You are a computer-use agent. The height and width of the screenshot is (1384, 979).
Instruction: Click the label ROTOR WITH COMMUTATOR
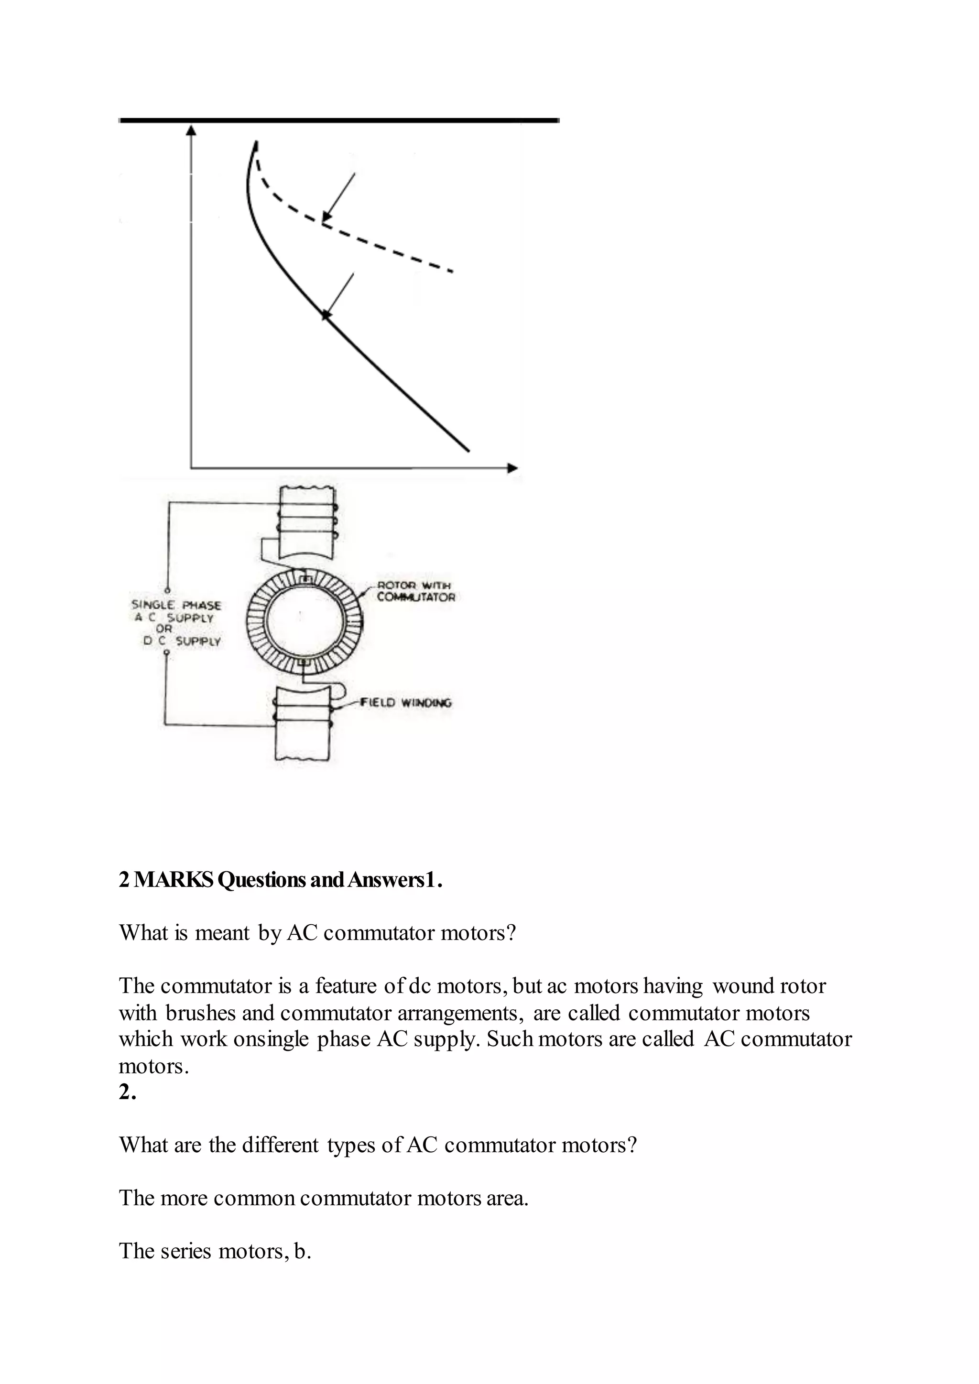[415, 591]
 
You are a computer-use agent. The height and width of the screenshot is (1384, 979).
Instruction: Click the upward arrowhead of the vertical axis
[191, 130]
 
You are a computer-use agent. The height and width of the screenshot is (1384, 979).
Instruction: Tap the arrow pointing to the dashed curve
[339, 196]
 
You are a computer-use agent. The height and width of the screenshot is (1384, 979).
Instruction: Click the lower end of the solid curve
[468, 449]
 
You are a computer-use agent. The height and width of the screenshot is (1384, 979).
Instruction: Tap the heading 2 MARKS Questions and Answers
[280, 880]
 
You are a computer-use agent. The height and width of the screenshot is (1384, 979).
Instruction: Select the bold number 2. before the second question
[127, 1092]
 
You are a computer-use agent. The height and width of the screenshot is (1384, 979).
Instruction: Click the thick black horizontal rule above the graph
[339, 120]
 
